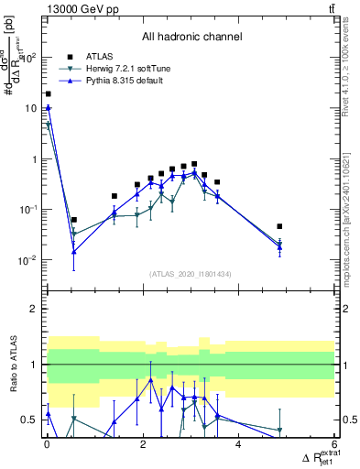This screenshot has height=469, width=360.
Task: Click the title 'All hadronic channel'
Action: [191, 38]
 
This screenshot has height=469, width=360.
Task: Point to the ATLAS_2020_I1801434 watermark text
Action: [191, 274]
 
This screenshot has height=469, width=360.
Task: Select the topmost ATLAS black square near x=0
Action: [48, 93]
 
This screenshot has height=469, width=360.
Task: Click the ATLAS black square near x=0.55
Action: [73, 220]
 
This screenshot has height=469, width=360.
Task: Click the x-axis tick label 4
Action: [238, 446]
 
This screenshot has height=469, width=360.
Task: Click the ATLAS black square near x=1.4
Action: [114, 196]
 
